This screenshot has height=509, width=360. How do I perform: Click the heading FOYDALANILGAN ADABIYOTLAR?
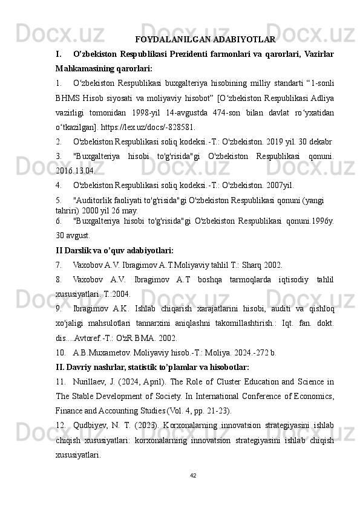click(x=206, y=40)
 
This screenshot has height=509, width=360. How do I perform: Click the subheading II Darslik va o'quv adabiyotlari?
click(x=114, y=250)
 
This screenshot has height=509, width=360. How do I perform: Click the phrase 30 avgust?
click(x=73, y=235)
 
